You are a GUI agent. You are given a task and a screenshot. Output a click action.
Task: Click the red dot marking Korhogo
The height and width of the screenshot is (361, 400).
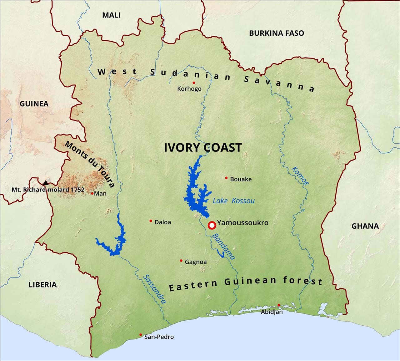(194, 83)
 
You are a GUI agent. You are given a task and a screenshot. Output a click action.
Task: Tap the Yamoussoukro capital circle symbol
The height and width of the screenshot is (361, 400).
(212, 225)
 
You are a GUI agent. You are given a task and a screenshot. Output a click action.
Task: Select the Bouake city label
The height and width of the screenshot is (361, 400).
(241, 179)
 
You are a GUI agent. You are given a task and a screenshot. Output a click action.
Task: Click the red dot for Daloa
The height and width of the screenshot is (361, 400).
(151, 221)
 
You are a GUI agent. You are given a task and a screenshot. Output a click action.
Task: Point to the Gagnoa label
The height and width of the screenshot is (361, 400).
(196, 262)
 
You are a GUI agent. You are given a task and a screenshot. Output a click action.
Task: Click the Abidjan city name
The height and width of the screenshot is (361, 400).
(272, 312)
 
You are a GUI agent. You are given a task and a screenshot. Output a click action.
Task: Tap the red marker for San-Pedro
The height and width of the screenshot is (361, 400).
(141, 335)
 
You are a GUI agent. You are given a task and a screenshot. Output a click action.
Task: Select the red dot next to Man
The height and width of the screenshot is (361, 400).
(92, 193)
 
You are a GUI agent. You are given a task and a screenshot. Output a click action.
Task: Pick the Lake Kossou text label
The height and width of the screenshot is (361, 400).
(233, 201)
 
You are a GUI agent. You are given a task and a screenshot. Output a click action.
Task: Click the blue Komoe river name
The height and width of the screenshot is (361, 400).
(300, 176)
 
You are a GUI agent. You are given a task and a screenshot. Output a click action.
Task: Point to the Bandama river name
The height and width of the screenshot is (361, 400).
(223, 247)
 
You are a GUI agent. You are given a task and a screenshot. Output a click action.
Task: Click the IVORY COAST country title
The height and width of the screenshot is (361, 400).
(203, 148)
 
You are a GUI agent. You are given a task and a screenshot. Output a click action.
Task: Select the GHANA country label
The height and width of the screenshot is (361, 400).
(365, 226)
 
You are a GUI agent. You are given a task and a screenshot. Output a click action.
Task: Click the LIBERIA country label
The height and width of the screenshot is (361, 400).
(42, 284)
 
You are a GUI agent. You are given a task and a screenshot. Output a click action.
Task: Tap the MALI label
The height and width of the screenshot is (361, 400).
(111, 15)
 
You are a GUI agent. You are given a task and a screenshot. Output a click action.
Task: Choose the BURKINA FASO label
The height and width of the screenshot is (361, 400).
(276, 33)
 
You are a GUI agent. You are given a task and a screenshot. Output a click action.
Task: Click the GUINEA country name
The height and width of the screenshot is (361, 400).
(34, 104)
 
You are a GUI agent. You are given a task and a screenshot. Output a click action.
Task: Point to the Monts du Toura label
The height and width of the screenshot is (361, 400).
(89, 164)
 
